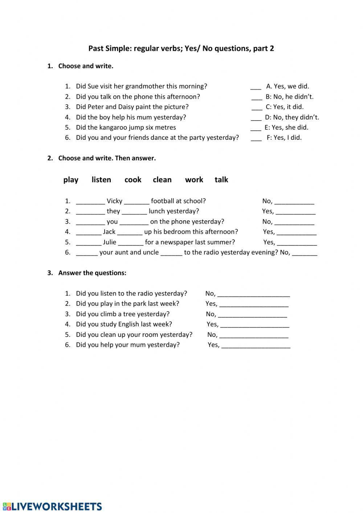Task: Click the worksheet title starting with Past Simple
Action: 181,48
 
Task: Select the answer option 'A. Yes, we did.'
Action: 287,86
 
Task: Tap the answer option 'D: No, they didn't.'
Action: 292,117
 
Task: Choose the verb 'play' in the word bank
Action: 71,180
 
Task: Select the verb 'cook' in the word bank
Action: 133,180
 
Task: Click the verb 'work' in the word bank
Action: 194,180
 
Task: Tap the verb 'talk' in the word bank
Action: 221,180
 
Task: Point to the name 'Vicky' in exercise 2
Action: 114,201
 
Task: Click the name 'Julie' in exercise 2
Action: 109,242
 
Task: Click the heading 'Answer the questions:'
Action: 92,273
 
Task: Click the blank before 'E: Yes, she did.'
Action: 256,128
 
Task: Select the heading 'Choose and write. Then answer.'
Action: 107,158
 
